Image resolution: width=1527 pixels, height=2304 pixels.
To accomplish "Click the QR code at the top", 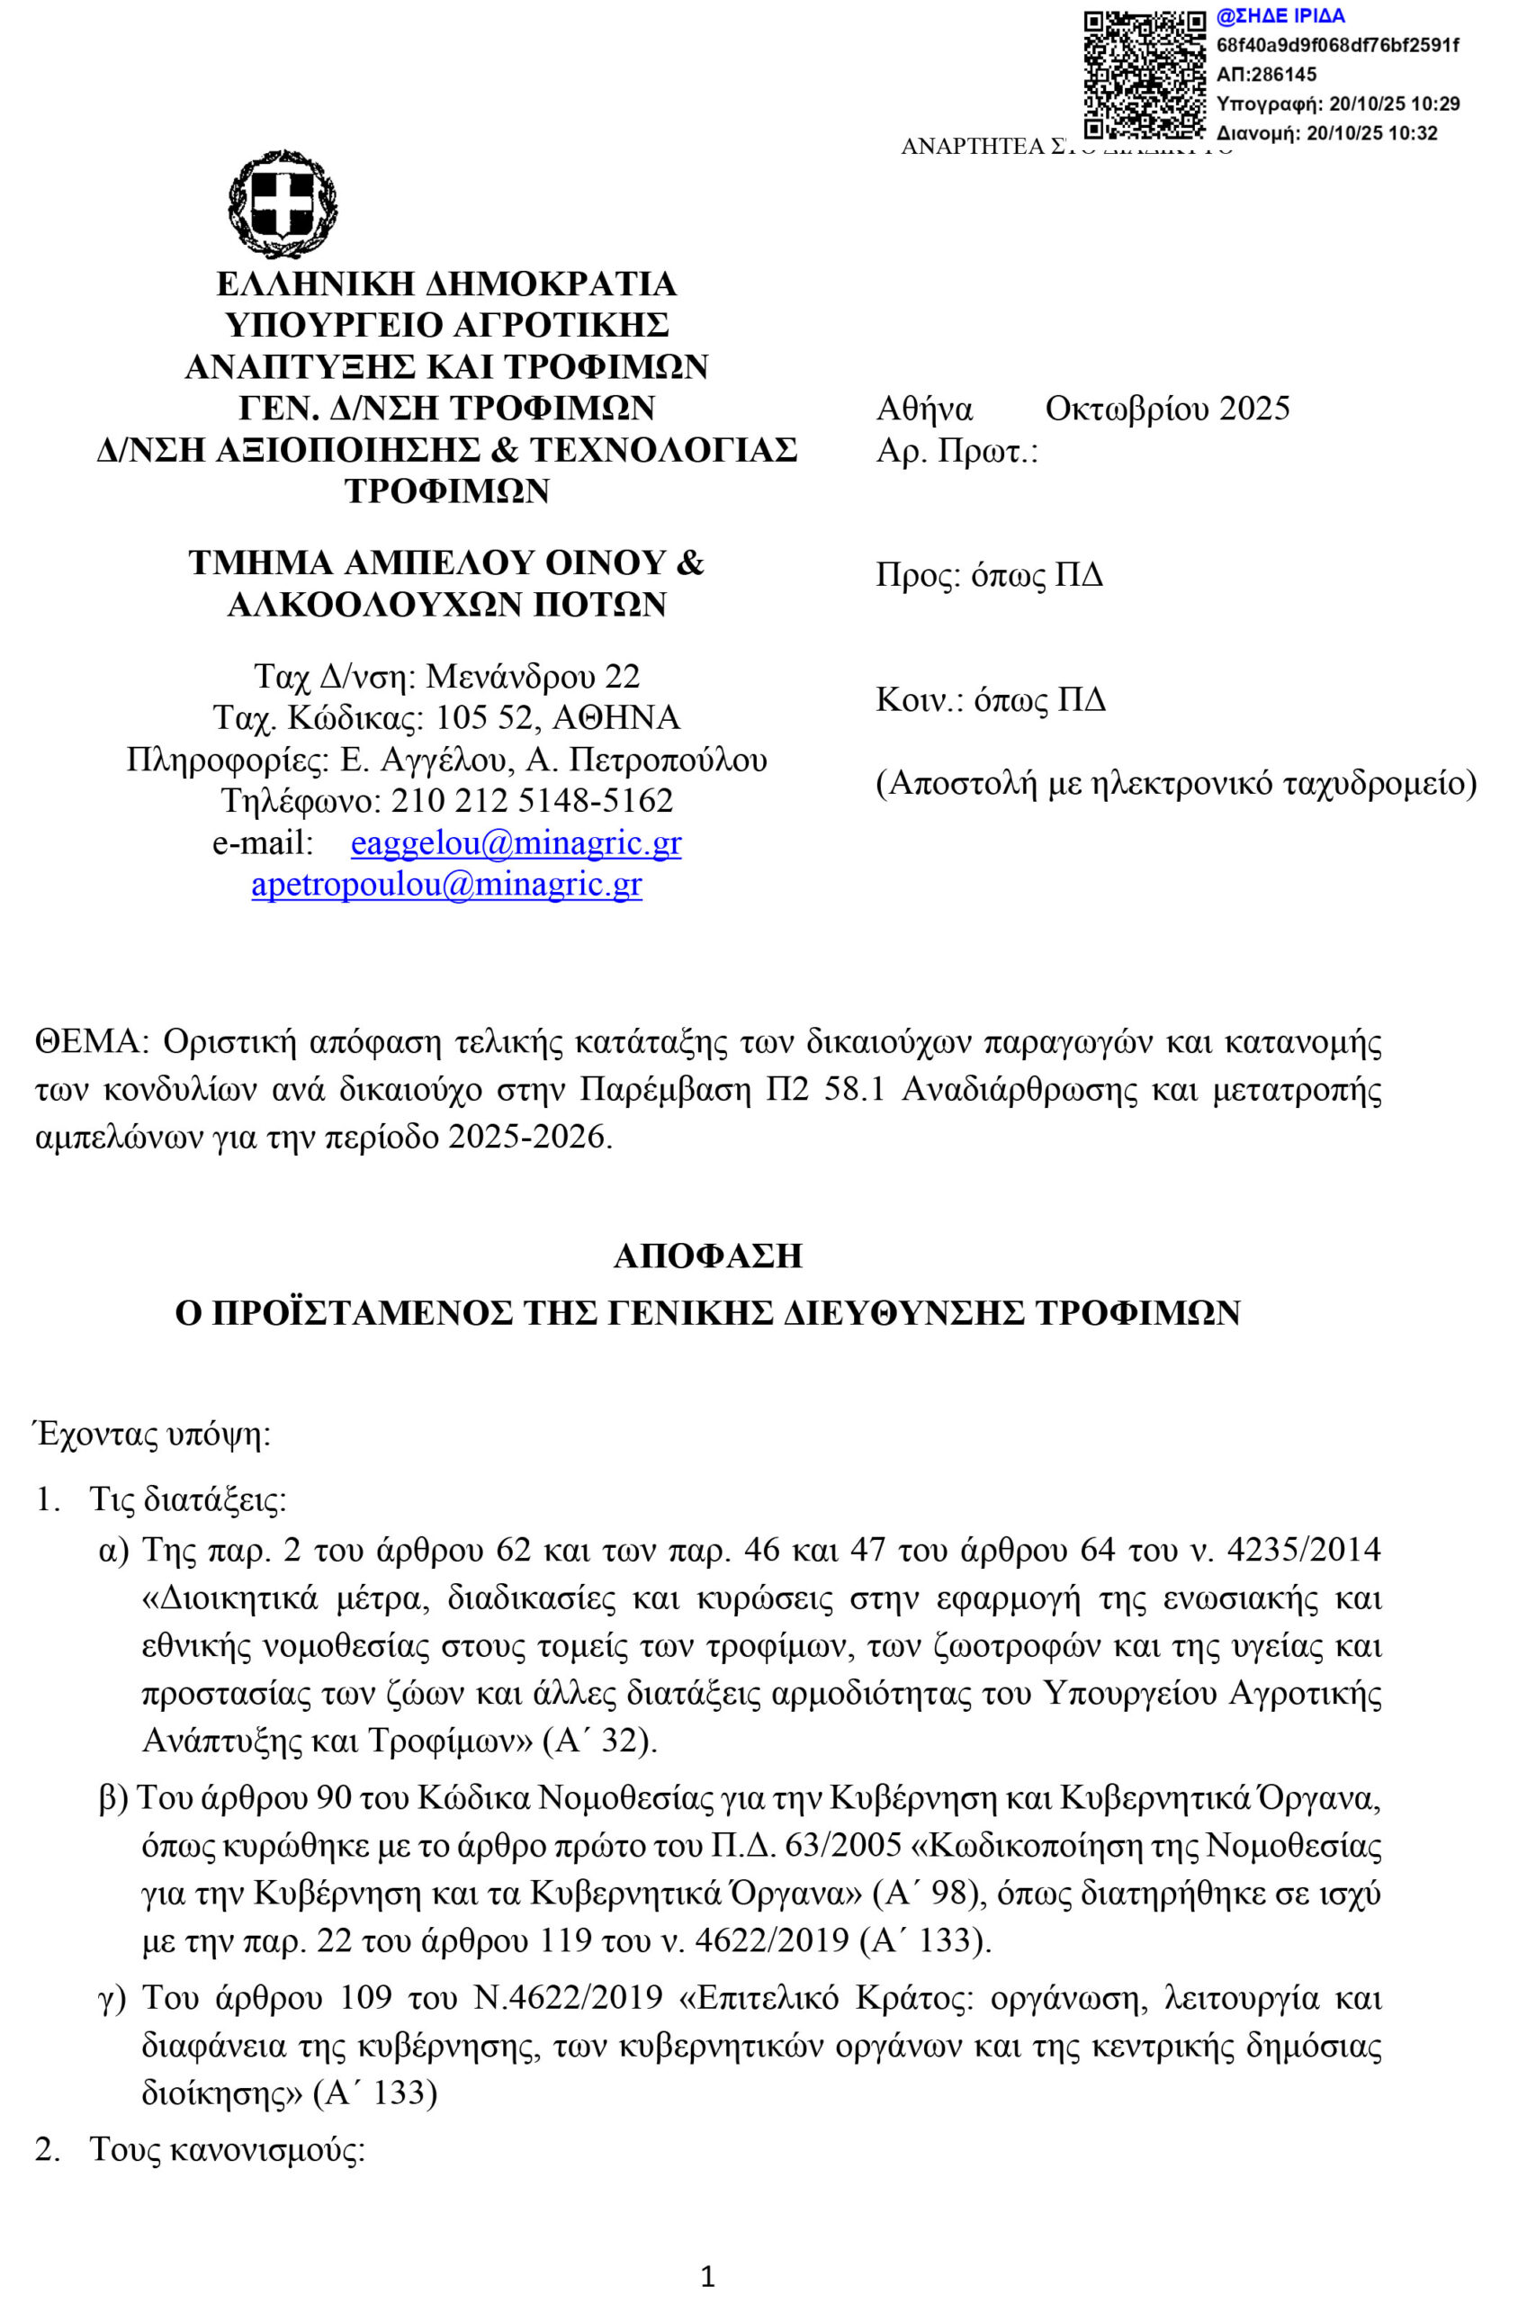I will [x=1145, y=74].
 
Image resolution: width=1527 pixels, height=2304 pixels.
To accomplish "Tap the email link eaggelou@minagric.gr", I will [x=516, y=842].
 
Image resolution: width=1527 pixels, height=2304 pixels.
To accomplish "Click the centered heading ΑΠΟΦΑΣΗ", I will [x=708, y=1255].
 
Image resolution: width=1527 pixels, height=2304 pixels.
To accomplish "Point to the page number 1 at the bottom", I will [x=708, y=2276].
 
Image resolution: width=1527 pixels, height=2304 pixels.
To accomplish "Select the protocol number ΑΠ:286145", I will [x=1267, y=74].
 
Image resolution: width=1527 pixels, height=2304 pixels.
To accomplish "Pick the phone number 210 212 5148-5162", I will [x=532, y=800].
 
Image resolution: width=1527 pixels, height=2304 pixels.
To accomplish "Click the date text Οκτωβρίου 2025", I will [x=1167, y=409].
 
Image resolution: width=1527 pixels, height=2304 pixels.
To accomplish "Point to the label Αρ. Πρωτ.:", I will [x=957, y=451].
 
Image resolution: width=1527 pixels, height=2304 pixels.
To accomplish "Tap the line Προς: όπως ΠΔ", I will [x=990, y=575].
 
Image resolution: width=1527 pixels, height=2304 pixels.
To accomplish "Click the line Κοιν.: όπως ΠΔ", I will [x=991, y=700].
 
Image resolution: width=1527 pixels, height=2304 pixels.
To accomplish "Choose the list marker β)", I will [x=113, y=1798].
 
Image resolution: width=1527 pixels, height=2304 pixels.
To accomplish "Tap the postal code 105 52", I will [x=484, y=717].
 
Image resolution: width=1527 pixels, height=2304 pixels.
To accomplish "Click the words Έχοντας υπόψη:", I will [x=153, y=1435].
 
